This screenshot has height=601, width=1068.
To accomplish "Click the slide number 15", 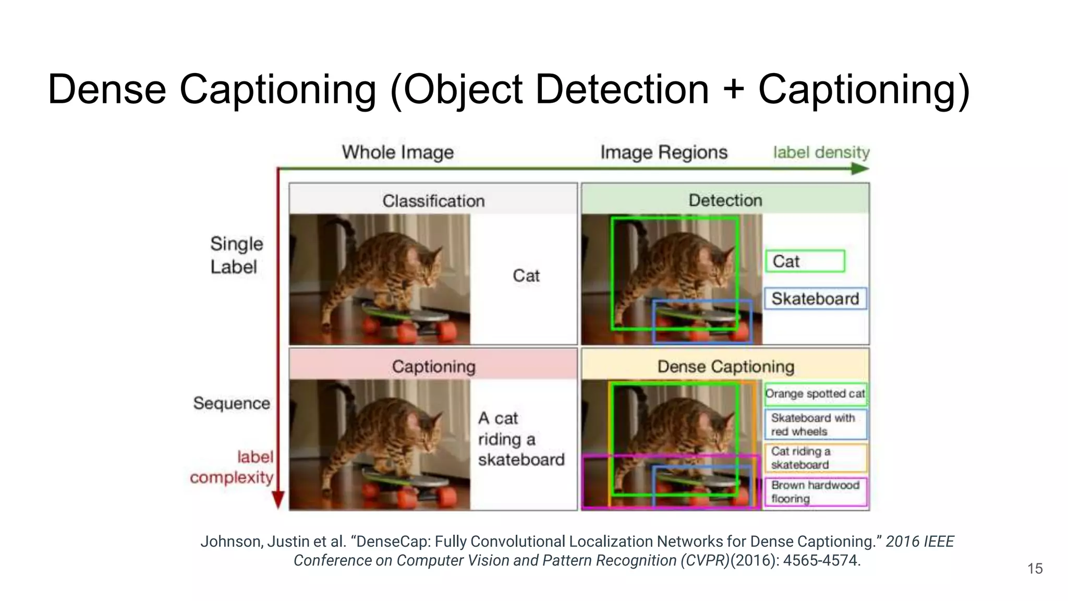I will pos(1035,569).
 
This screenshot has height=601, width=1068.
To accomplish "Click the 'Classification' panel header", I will pos(433,201).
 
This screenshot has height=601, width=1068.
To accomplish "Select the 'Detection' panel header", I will pos(725,200).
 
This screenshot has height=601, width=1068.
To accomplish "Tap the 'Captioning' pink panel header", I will pos(433,366).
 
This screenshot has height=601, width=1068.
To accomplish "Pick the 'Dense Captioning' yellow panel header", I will pos(725,366).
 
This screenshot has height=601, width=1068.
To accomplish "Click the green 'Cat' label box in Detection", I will pos(805,261).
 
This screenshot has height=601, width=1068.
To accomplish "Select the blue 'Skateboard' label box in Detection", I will pos(815,298).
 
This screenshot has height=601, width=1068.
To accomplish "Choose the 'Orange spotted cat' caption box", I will pos(815,393).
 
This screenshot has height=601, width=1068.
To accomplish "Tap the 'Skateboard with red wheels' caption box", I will pos(815,425).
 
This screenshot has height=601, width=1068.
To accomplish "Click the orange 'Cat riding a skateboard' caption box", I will pos(815,458).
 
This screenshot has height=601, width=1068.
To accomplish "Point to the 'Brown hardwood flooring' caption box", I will pos(815,491).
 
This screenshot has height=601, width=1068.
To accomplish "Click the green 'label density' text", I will pos(821,152).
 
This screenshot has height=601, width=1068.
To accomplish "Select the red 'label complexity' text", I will pos(233,467).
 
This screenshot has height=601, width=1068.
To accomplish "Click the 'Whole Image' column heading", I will pos(397,152).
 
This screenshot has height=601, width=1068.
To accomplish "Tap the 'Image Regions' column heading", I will pos(663,152).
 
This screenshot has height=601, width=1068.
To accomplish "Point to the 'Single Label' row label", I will pos(236,255).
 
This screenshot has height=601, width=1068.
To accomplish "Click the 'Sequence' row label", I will pos(232,403).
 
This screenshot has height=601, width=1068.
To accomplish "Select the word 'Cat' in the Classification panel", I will pos(526,275).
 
